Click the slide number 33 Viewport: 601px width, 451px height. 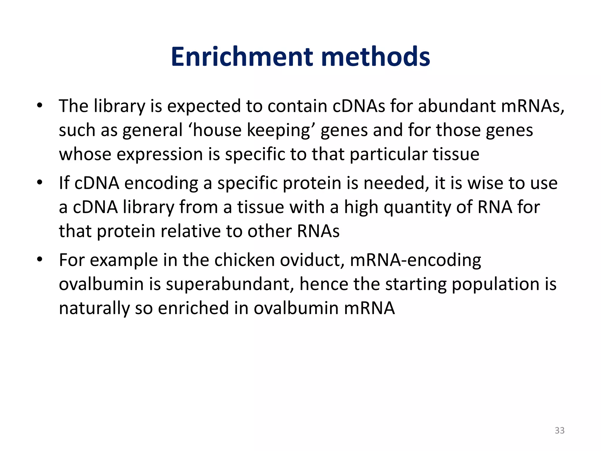coord(559,430)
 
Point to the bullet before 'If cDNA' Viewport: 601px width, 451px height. coord(40,182)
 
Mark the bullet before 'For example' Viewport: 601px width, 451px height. coord(40,259)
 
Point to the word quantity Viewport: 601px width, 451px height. coord(417,207)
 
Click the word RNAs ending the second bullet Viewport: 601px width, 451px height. coord(318,231)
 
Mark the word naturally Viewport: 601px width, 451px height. coord(94,308)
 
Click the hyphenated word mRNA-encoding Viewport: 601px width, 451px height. coord(415,260)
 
